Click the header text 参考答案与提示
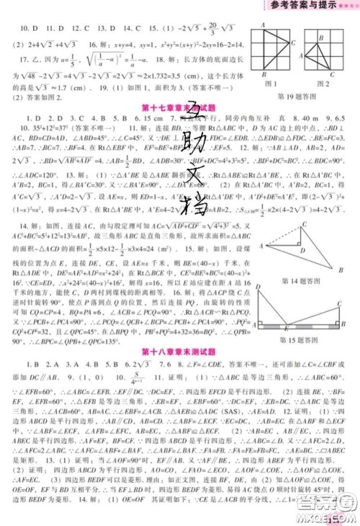click(301, 6)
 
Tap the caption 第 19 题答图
click(297, 96)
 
